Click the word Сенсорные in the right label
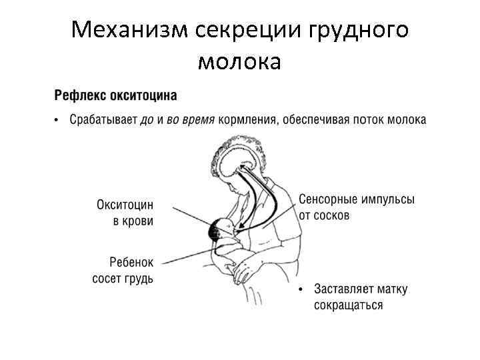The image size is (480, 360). pos(327,200)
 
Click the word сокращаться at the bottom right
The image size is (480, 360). pos(349,305)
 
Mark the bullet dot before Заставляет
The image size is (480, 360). pos(301,290)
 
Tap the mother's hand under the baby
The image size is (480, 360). pos(243,270)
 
